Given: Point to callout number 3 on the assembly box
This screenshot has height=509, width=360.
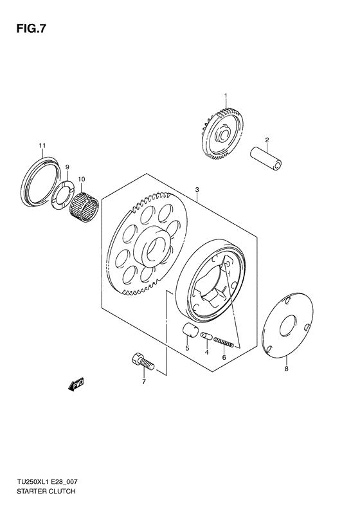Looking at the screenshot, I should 197,190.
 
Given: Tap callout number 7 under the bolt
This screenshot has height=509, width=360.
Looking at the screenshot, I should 144,382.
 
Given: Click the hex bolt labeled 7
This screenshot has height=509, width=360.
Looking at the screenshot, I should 142,362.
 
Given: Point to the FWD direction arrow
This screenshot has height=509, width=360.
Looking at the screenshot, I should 75,385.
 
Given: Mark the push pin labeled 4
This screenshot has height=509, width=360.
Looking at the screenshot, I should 206,335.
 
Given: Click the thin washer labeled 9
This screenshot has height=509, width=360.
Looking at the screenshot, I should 64,194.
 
